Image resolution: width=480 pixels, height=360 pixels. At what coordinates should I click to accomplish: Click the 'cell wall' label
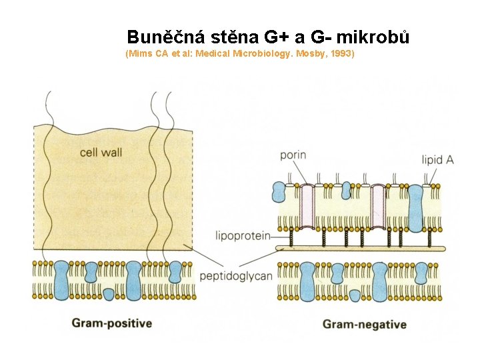[x=101, y=152]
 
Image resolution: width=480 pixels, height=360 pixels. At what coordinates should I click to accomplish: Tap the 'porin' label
[x=293, y=155]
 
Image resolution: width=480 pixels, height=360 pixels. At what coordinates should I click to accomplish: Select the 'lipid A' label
[x=438, y=160]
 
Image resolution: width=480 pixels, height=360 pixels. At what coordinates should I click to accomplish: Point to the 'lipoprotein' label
[x=243, y=235]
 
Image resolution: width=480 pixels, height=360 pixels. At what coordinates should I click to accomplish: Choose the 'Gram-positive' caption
[x=112, y=323]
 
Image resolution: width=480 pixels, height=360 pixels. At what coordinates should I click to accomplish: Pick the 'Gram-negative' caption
[x=365, y=325]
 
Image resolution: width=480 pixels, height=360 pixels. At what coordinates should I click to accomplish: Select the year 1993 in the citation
[x=339, y=53]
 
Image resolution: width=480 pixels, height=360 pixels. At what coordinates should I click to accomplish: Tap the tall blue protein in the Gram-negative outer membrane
[x=416, y=207]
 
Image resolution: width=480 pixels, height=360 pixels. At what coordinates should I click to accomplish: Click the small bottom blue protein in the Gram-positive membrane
[x=109, y=293]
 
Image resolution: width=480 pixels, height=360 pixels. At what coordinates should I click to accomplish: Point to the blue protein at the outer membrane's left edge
[x=279, y=191]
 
